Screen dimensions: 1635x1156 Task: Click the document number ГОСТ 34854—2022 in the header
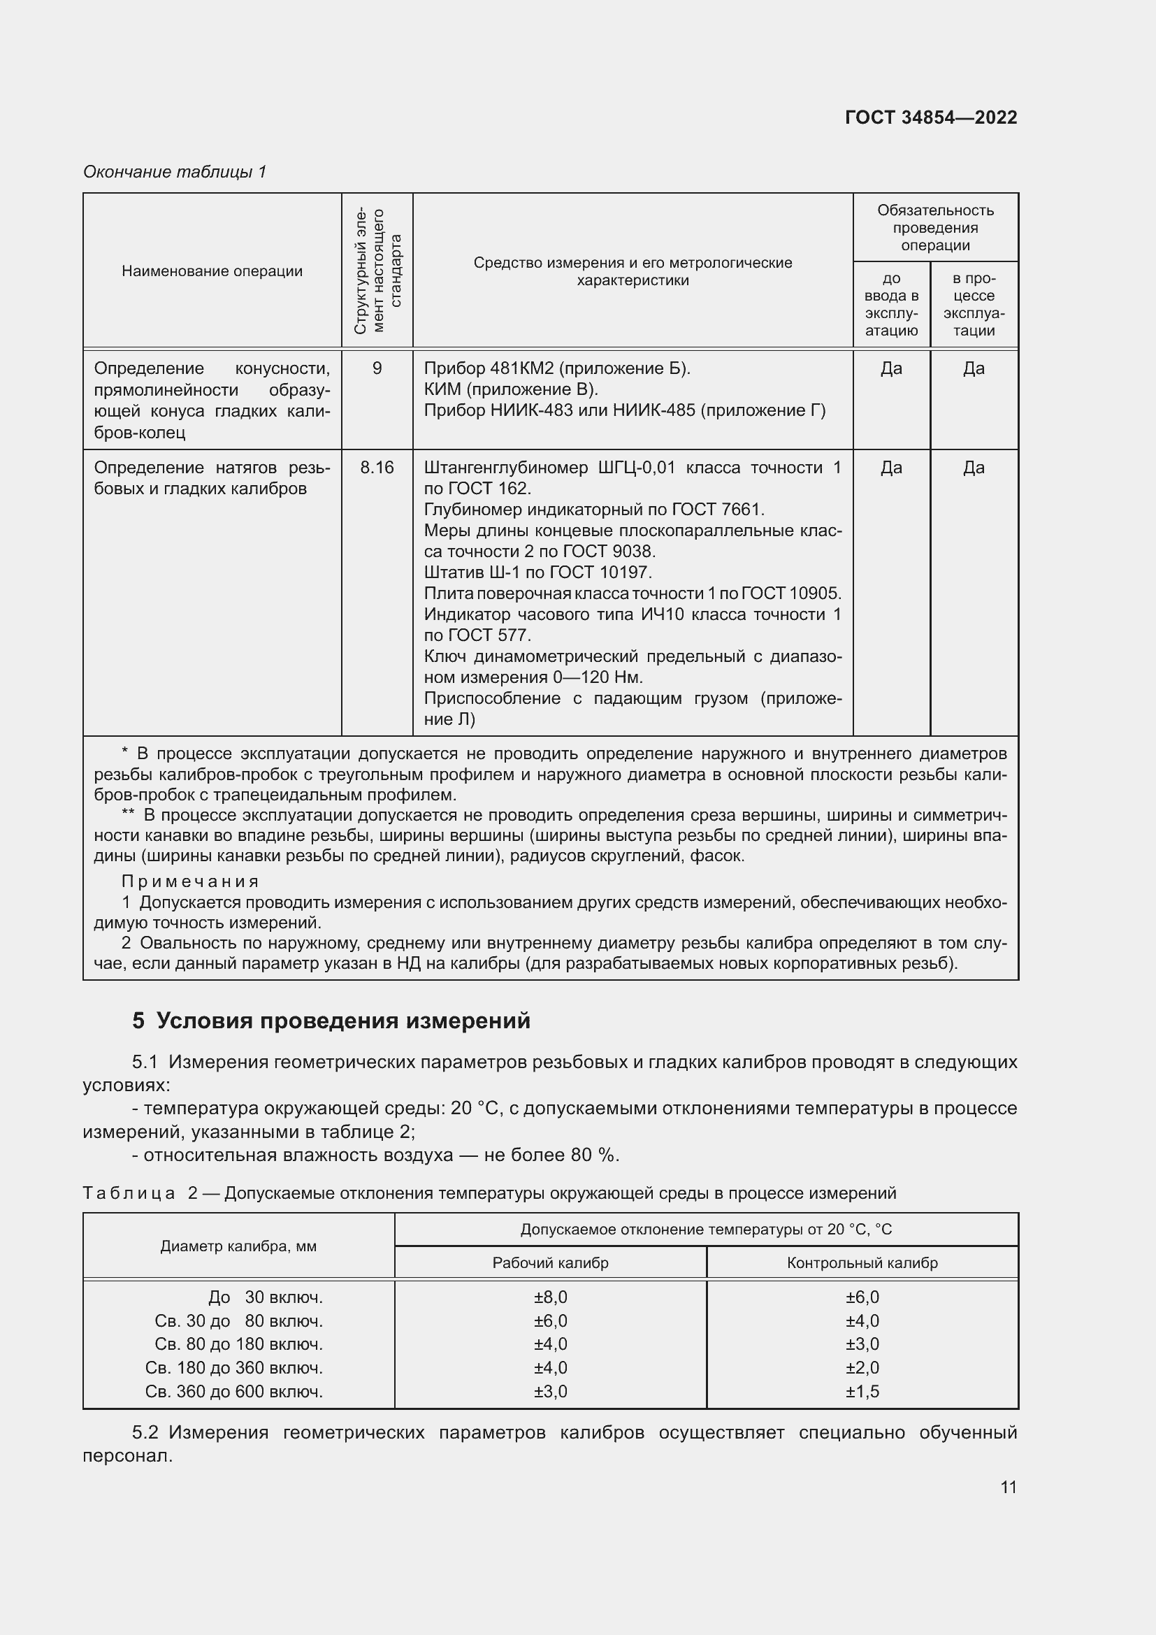tap(930, 117)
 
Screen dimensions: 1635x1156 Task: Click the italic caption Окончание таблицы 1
tap(175, 172)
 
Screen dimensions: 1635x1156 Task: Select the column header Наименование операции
tap(212, 271)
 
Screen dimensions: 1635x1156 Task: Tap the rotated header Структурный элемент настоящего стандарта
tap(377, 271)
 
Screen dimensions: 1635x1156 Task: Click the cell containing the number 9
tap(377, 368)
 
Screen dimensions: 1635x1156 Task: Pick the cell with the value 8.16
tap(377, 467)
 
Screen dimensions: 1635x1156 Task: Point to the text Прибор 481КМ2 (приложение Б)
tap(556, 368)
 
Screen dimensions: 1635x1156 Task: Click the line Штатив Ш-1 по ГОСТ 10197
tap(537, 572)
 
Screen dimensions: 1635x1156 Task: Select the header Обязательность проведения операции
tap(934, 228)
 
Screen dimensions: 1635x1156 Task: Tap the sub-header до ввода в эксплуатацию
tap(891, 304)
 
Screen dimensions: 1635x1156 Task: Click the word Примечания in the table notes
tap(191, 881)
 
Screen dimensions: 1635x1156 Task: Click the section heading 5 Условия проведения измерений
tap(331, 1021)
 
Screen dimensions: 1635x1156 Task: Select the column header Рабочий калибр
tap(550, 1262)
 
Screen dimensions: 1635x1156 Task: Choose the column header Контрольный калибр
tap(862, 1262)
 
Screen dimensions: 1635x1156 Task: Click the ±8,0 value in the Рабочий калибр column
tap(550, 1297)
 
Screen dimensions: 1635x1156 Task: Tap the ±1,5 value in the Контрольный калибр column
tap(862, 1391)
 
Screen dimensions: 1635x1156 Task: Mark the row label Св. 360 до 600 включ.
tap(234, 1391)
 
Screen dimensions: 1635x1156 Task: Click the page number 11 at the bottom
tap(1008, 1487)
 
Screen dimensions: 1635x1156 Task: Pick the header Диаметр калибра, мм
tap(238, 1246)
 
